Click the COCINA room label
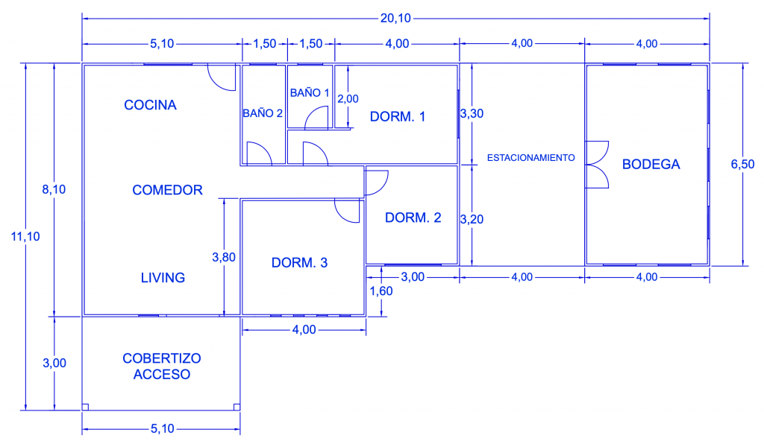tap(150, 105)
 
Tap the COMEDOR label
tap(167, 190)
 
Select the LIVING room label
tap(163, 277)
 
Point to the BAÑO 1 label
tap(310, 92)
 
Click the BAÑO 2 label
tap(263, 113)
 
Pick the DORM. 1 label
tap(398, 117)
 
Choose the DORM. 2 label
tap(413, 218)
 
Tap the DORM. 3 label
tap(299, 263)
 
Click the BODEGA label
tap(651, 165)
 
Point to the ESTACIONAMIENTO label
tap(531, 158)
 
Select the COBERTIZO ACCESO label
tap(162, 366)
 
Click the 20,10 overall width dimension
tap(395, 19)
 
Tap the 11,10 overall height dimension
tap(25, 237)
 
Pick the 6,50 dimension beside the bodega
tap(742, 165)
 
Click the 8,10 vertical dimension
tap(54, 189)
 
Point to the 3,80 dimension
tap(224, 257)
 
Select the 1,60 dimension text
tap(381, 291)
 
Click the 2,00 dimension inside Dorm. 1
tap(348, 99)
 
